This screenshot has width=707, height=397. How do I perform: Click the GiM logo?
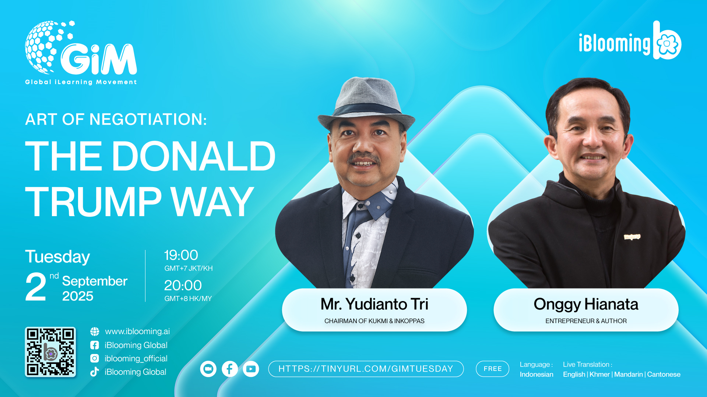(81, 53)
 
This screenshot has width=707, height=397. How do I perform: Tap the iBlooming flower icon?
(667, 43)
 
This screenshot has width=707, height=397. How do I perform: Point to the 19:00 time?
(181, 255)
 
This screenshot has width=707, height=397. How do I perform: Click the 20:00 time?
(183, 285)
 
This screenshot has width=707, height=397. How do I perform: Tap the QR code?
(50, 352)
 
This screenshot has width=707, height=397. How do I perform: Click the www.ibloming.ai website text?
(137, 331)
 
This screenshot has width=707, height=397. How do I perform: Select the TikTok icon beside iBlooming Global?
(95, 372)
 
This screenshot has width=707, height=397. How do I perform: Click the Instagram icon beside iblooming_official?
(95, 358)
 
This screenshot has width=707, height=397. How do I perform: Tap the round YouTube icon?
(251, 369)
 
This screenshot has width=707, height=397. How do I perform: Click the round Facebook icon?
(230, 369)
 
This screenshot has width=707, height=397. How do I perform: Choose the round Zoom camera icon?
(208, 369)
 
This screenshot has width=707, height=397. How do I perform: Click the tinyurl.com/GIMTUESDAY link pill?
(366, 369)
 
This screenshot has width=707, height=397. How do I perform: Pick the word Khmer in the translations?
(599, 374)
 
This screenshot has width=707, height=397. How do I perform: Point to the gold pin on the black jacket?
(632, 237)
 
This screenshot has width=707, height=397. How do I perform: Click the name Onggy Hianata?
(586, 304)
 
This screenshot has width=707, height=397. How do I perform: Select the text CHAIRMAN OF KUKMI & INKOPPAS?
(374, 321)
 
